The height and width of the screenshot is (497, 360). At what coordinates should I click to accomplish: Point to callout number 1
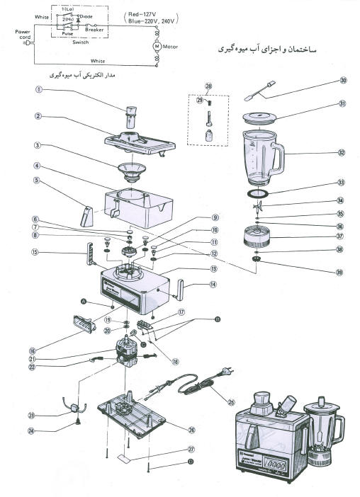click(40, 90)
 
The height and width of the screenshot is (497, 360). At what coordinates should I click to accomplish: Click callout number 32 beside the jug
click(341, 152)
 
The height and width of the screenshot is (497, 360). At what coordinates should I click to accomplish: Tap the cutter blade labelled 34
click(260, 207)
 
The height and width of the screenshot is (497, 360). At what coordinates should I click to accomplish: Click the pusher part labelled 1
click(132, 114)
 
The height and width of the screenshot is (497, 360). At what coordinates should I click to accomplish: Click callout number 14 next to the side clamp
click(212, 285)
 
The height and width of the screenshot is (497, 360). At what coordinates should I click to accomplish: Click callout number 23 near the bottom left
click(31, 415)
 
